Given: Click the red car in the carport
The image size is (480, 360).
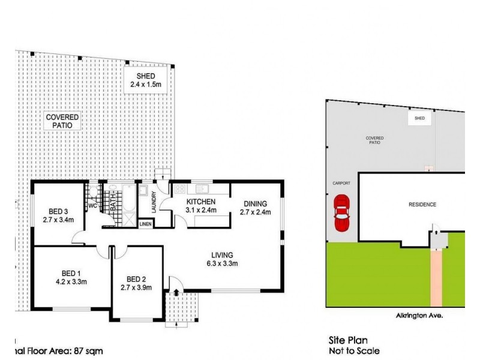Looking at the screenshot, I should tap(340, 215).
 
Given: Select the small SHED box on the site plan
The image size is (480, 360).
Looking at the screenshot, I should tap(419, 118).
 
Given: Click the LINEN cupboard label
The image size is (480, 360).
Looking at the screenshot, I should tap(146, 224).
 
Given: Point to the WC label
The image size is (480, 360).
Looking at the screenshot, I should tap(92, 206).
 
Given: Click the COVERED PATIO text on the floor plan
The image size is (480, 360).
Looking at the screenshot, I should tap(63, 122).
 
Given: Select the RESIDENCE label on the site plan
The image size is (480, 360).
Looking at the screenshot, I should tap(422, 205).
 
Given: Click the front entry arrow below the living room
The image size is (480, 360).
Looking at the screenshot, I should tap(176, 292).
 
